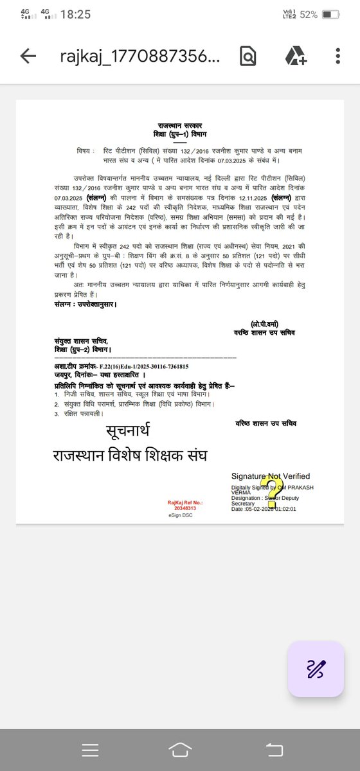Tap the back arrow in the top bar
pyautogui.click(x=28, y=57)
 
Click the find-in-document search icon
pyautogui.click(x=247, y=57)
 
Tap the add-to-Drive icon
pyautogui.click(x=295, y=57)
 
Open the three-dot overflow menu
pyautogui.click(x=338, y=57)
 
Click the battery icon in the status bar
pyautogui.click(x=330, y=14)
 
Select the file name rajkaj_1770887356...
pyautogui.click(x=141, y=57)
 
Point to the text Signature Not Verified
pyautogui.click(x=271, y=476)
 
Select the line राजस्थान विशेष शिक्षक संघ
pyautogui.click(x=134, y=456)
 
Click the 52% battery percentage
pyautogui.click(x=308, y=14)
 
